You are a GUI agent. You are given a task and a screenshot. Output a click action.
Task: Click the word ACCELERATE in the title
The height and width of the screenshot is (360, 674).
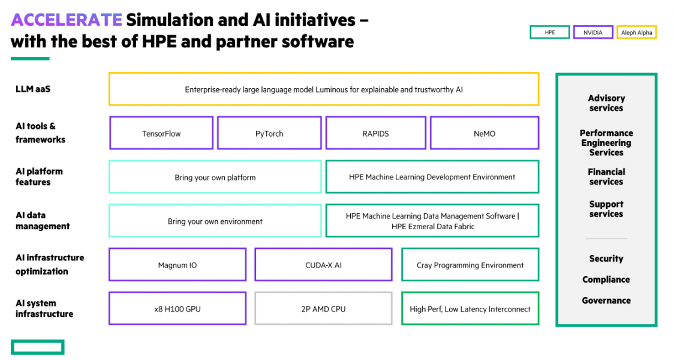[66, 20]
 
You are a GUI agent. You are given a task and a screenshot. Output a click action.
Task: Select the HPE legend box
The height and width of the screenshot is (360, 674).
[549, 32]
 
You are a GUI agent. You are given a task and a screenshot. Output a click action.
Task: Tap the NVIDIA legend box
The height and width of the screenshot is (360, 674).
[592, 32]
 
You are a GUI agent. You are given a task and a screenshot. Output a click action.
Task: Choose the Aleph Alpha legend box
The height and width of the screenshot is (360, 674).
[636, 32]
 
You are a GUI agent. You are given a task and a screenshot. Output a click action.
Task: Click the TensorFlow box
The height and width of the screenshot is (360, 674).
[161, 133]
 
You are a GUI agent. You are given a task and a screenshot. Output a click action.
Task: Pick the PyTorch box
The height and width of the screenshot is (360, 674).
[269, 133]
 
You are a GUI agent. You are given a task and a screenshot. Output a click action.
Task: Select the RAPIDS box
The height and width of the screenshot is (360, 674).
[375, 133]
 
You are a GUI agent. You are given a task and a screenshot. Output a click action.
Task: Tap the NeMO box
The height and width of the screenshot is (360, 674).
[485, 133]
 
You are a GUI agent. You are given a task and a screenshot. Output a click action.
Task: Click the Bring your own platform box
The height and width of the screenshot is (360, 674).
[215, 177]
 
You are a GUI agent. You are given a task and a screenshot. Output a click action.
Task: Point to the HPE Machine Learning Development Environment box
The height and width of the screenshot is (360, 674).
[432, 177]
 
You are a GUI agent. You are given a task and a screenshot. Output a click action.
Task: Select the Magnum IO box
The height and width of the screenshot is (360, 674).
[177, 265]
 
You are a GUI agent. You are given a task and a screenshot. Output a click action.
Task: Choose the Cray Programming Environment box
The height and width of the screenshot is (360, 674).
[470, 265]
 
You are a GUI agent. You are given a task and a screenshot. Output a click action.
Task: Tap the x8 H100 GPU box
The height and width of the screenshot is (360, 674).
[177, 308]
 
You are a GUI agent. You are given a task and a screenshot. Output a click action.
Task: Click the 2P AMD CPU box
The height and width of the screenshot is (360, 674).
[323, 308]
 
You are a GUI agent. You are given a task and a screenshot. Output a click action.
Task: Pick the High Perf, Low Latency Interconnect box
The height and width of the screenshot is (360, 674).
[470, 308]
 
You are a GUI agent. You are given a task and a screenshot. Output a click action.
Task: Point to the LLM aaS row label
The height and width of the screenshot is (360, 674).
[33, 89]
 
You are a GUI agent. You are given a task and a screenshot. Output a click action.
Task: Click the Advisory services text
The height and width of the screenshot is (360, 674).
[606, 103]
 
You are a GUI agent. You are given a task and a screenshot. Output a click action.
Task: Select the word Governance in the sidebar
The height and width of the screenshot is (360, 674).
[606, 301]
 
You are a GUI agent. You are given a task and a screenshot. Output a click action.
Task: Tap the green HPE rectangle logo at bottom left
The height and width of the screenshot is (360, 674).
[37, 347]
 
